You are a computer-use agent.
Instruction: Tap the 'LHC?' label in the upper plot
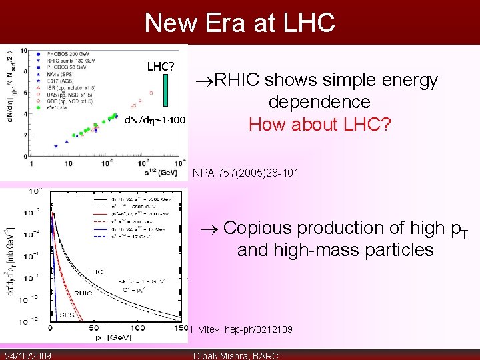tap(161, 67)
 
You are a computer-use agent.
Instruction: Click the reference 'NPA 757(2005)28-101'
tap(245, 173)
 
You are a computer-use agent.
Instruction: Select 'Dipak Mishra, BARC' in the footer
tap(235, 355)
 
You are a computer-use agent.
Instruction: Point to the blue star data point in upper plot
tap(57, 145)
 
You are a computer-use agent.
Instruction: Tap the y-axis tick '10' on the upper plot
tap(23, 51)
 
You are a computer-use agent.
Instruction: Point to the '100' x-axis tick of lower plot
tap(137, 328)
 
